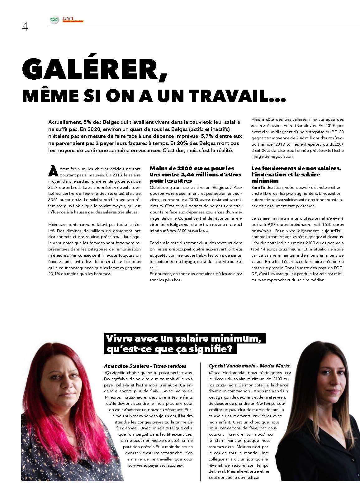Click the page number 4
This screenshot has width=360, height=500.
point(25,27)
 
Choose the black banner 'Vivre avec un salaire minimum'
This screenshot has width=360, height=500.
point(184,343)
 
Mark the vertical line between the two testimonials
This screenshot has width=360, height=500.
point(201,423)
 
